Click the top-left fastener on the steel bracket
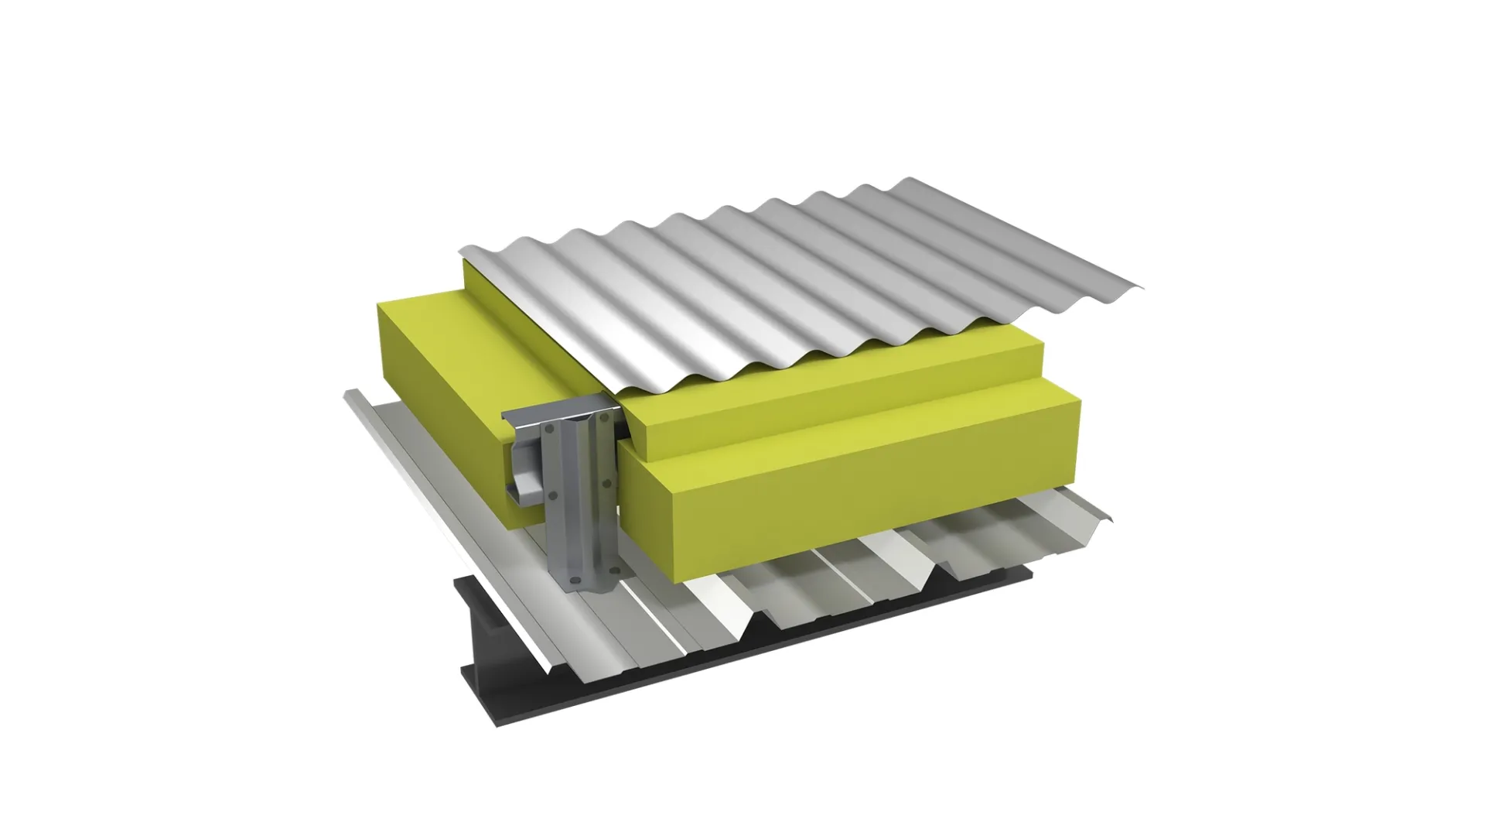coord(549,428)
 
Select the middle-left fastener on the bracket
coord(553,495)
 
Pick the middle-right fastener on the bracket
coord(606,483)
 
